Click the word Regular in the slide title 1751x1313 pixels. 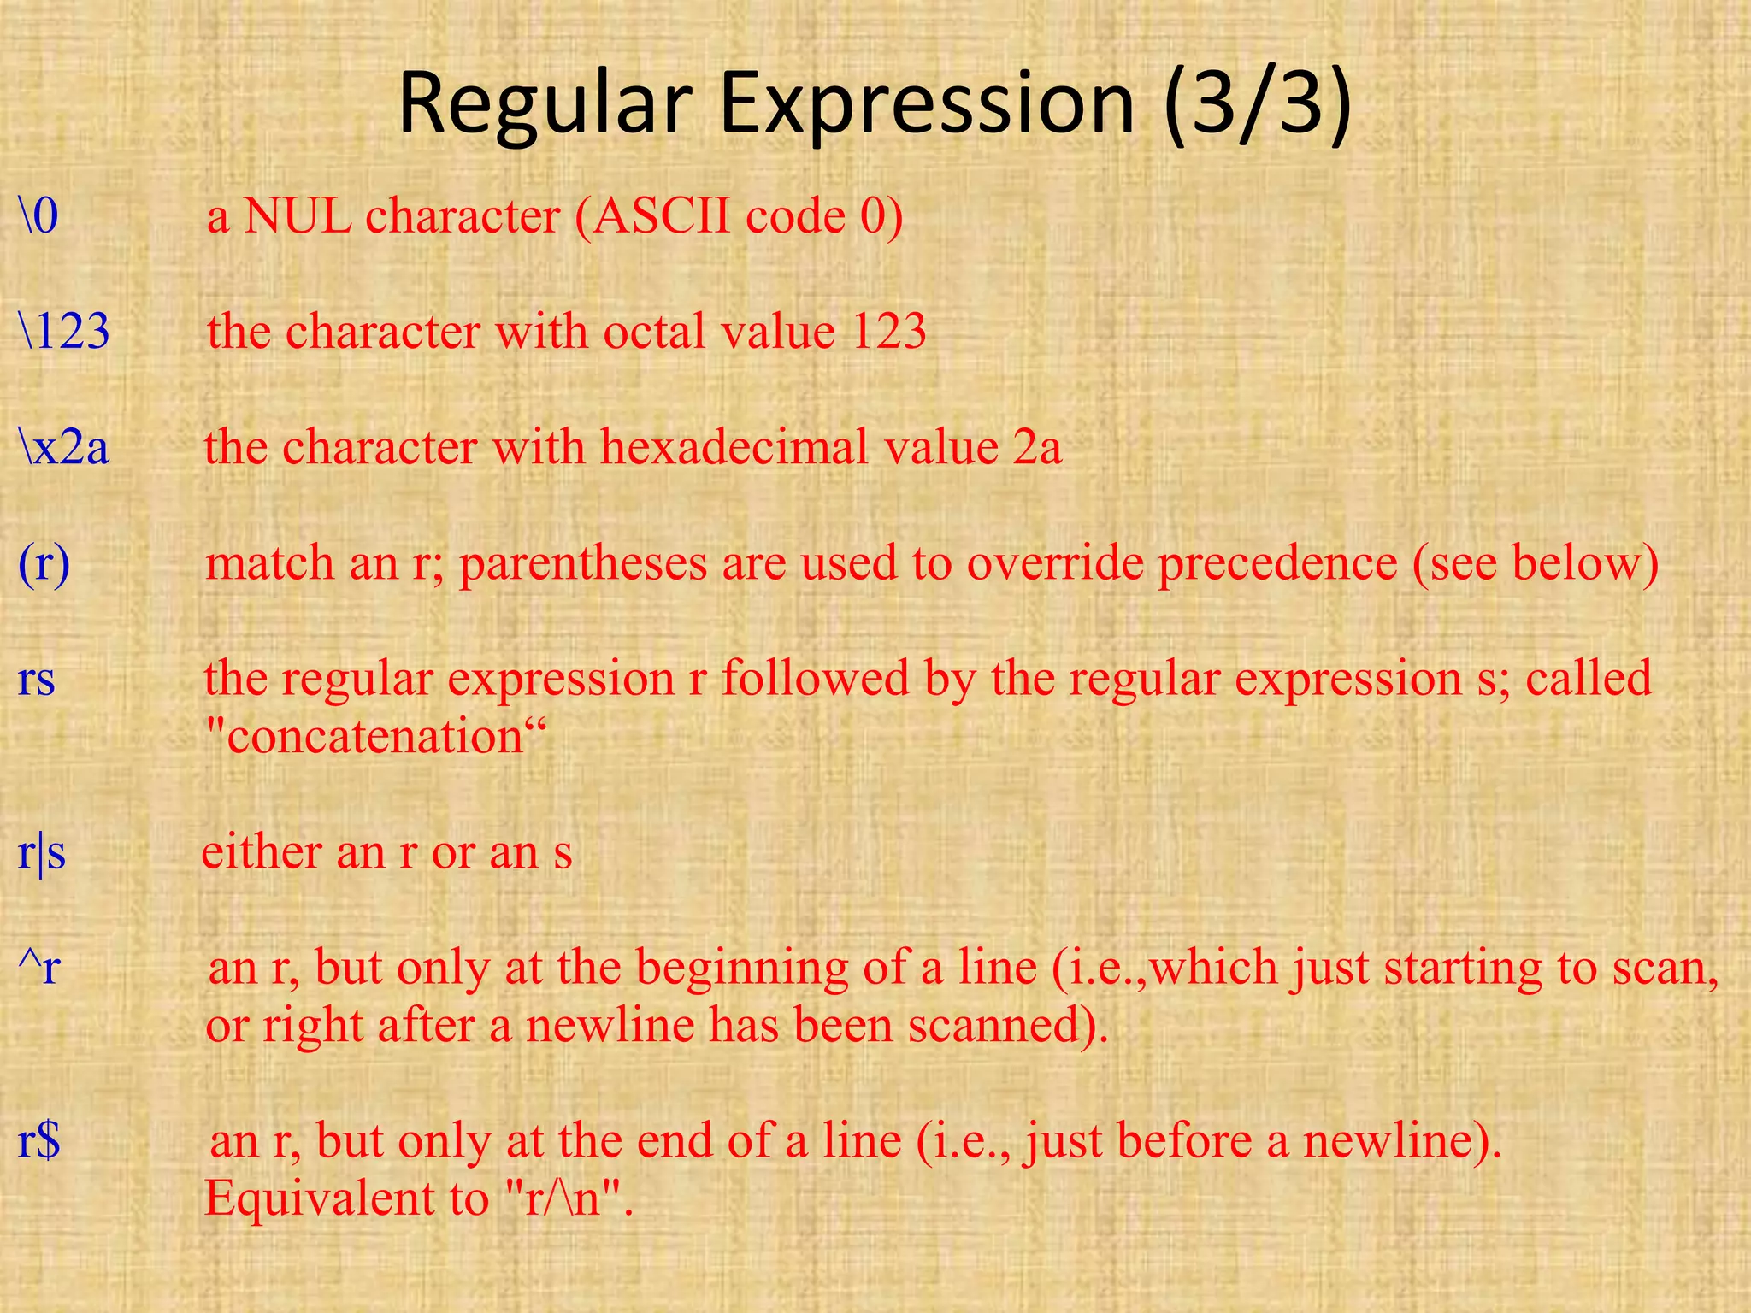click(545, 104)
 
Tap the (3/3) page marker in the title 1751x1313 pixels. click(1257, 104)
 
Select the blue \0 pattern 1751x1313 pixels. click(38, 215)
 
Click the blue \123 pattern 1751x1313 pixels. click(65, 331)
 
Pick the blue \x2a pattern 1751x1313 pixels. click(65, 447)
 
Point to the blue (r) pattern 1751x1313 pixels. click(44, 564)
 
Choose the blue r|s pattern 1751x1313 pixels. click(42, 852)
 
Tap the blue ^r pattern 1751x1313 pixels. click(39, 968)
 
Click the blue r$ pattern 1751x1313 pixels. click(39, 1141)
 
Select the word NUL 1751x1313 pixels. click(298, 215)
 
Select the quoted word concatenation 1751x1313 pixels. click(375, 736)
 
